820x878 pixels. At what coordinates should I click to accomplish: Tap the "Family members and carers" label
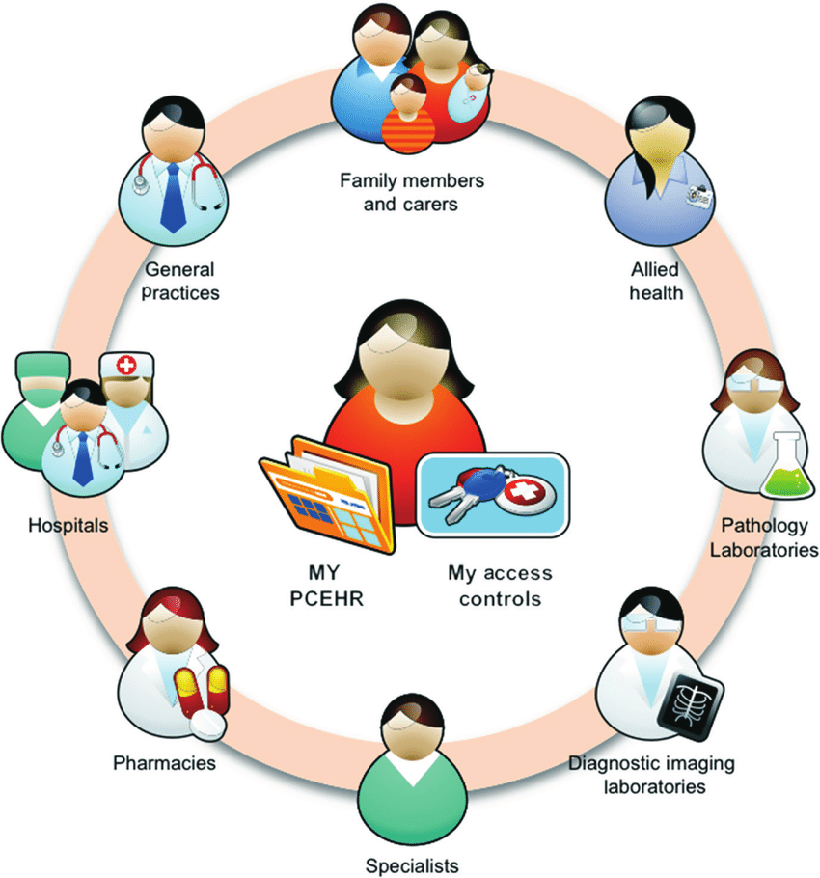click(411, 191)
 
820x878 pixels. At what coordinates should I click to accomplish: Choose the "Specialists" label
click(412, 864)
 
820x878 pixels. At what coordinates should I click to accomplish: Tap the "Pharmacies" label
click(164, 764)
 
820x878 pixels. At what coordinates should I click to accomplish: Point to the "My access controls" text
click(500, 586)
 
